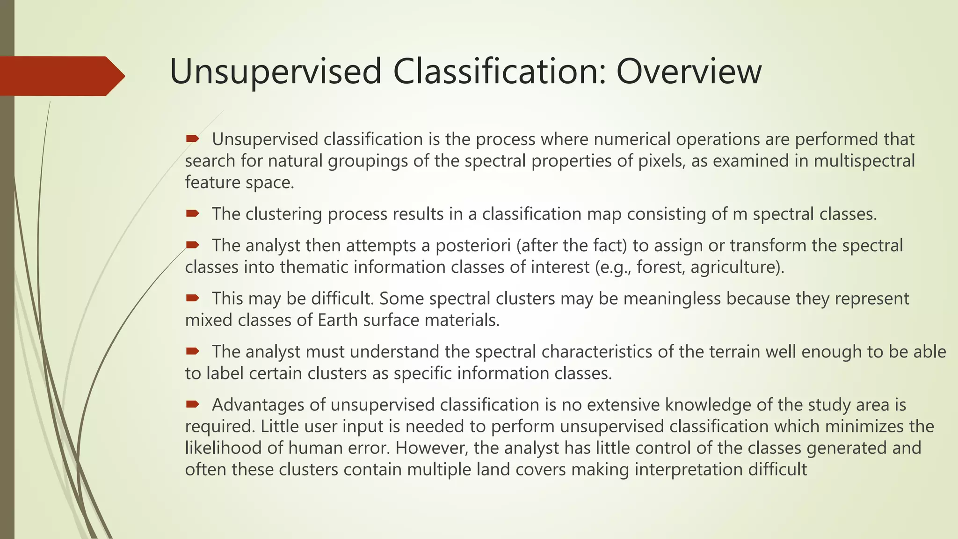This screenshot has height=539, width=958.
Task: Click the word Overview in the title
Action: point(689,72)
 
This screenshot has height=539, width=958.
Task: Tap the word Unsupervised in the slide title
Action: point(276,72)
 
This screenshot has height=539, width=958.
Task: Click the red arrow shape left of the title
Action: point(61,76)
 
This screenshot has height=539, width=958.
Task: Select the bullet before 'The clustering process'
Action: point(192,214)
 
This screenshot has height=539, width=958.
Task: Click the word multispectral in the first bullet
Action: point(864,161)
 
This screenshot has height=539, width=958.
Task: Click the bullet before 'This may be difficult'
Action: point(192,298)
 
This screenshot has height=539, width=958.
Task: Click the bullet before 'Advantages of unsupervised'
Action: point(192,404)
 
